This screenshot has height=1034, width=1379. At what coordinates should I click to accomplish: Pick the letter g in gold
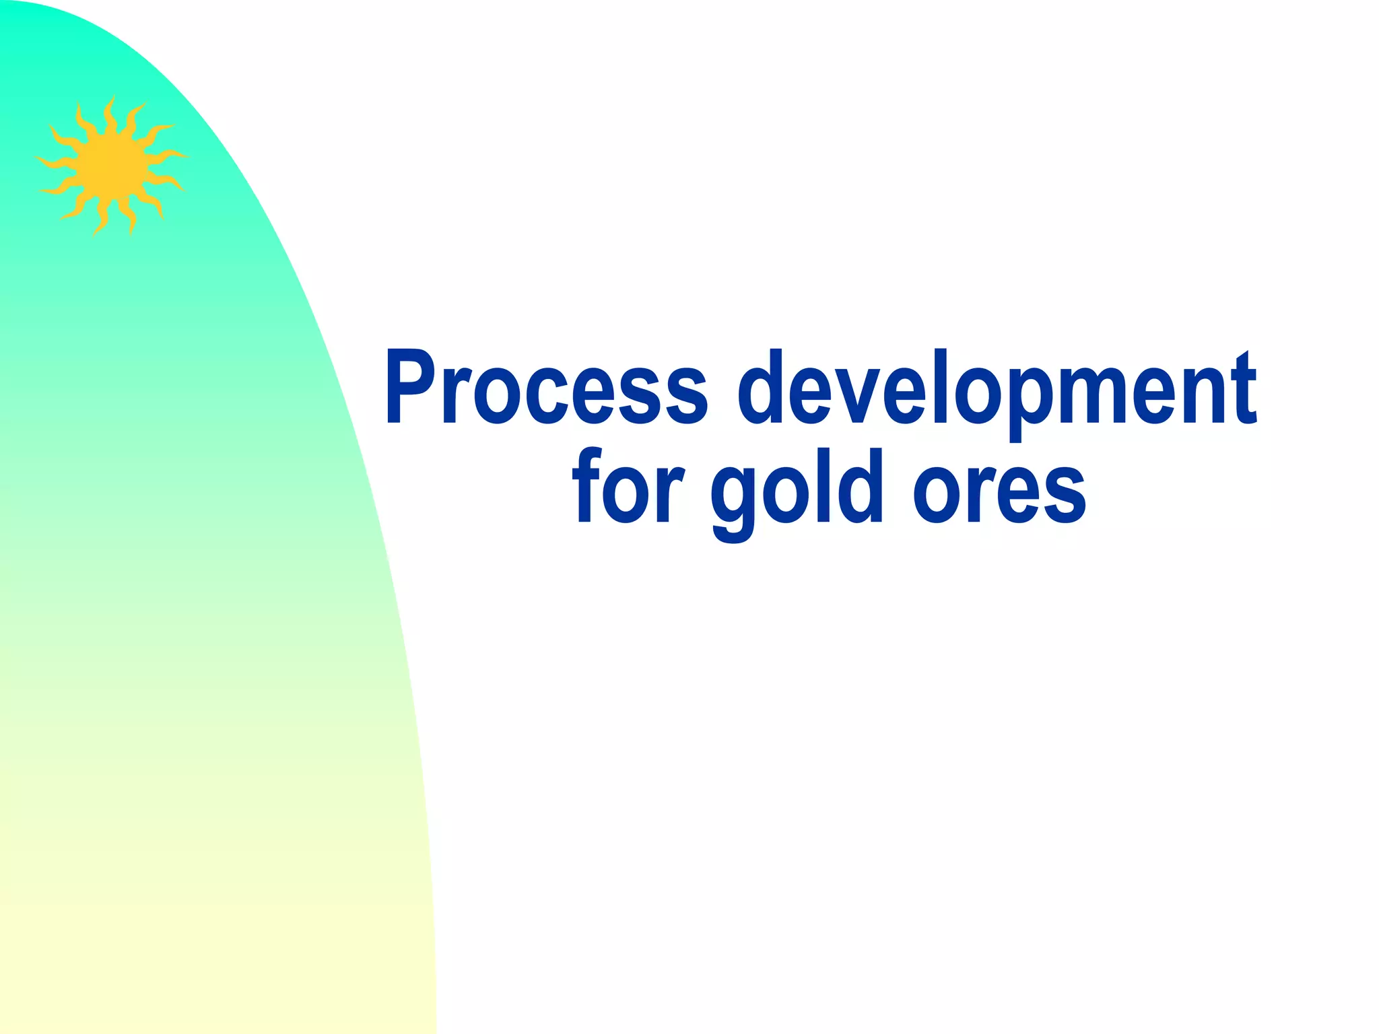click(x=733, y=498)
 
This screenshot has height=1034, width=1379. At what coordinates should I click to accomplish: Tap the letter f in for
click(x=586, y=485)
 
